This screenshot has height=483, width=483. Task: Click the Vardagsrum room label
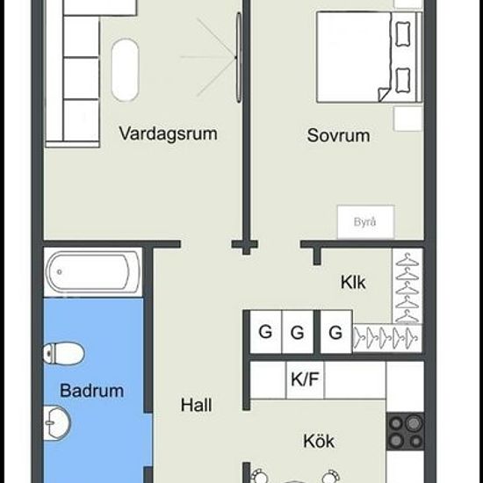pos(169,134)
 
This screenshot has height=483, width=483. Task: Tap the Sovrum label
pos(338,135)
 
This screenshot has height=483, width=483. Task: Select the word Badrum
pos(92,391)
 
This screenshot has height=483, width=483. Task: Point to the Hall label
pos(196,405)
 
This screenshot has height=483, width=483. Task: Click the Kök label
pos(319,441)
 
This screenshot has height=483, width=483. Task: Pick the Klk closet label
pos(353,282)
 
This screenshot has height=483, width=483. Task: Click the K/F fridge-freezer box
pos(305,379)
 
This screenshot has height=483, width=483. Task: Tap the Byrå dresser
pos(365,222)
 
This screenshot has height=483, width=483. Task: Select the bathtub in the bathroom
pos(92,272)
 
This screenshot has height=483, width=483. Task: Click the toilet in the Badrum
pos(64,353)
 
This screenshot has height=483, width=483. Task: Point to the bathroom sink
pos(57,423)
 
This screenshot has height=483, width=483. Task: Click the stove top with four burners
pos(406,431)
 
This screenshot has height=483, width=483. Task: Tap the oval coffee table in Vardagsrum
pos(125,70)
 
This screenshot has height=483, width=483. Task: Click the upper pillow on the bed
pos(402,34)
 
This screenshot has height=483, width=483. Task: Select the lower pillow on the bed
pos(402,81)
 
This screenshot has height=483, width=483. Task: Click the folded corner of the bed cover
pos(383,95)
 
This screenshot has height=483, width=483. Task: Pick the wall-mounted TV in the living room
pos(239,57)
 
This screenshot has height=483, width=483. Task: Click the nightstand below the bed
pos(407,119)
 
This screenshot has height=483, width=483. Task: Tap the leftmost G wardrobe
pos(265,332)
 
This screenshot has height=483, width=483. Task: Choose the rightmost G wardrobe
pos(336,332)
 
